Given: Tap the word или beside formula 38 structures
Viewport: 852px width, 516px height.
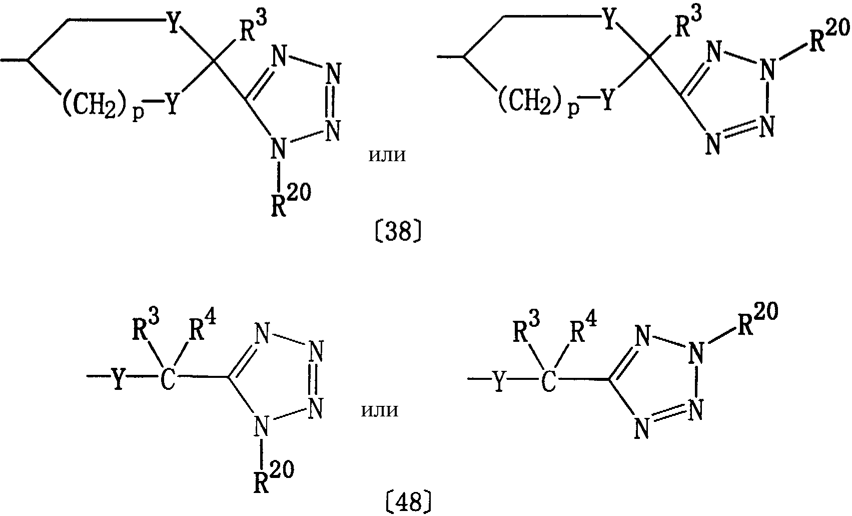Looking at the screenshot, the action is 387,155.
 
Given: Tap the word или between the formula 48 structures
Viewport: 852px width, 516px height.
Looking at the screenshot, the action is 380,410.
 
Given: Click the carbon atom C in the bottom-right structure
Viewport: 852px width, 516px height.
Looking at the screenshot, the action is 548,380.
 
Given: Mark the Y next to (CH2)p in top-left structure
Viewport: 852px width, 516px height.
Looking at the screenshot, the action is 172,104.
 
